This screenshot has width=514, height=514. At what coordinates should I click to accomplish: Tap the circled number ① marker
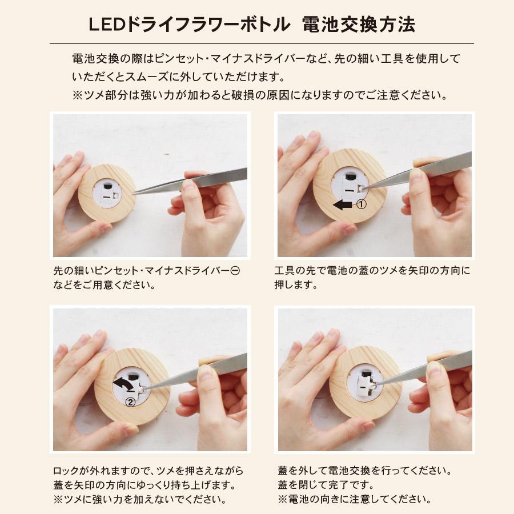pyautogui.click(x=361, y=204)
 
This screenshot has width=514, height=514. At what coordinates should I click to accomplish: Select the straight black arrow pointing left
pyautogui.click(x=343, y=204)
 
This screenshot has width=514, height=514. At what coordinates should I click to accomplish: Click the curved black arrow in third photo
pyautogui.click(x=125, y=386)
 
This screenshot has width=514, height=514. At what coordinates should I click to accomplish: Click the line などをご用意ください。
pyautogui.click(x=104, y=285)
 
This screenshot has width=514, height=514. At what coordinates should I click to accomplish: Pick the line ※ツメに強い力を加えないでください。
pyautogui.click(x=138, y=500)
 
